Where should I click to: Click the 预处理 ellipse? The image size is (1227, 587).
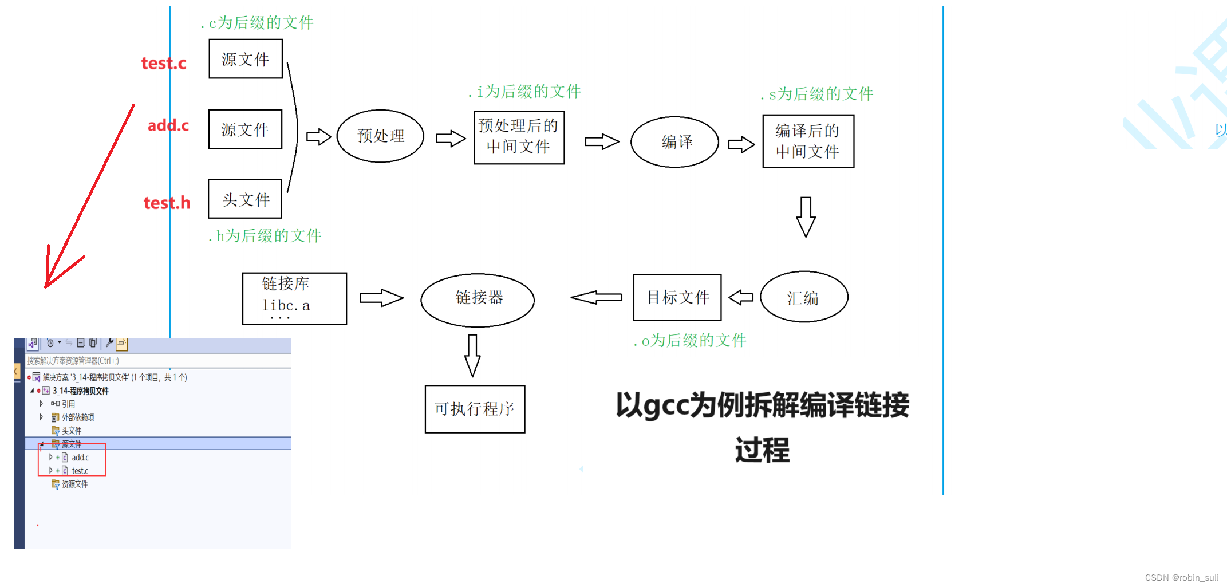point(380,136)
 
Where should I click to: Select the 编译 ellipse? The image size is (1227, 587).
point(674,142)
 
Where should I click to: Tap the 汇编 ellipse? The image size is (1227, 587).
point(803,297)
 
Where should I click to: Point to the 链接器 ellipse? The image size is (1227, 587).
point(478,300)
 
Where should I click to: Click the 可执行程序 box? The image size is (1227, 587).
point(475,409)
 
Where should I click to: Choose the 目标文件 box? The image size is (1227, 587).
point(677,297)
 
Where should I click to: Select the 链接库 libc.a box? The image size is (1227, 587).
point(294,298)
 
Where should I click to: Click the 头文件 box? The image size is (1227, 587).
point(245,199)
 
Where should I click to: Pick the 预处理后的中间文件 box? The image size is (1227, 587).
point(519,137)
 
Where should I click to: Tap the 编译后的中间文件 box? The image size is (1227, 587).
point(808,141)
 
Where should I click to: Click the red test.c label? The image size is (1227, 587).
point(164,63)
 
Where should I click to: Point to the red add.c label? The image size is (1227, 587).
point(168,125)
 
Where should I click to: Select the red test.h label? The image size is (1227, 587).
point(167,203)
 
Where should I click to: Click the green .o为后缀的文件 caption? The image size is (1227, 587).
point(690,341)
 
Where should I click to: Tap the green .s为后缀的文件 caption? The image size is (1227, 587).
point(817,94)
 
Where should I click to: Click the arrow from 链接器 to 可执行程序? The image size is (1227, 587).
point(472,355)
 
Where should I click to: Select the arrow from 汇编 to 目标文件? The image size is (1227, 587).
point(741,297)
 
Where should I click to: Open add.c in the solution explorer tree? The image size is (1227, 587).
point(80,458)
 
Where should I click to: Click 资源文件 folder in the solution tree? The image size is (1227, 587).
point(74,484)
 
